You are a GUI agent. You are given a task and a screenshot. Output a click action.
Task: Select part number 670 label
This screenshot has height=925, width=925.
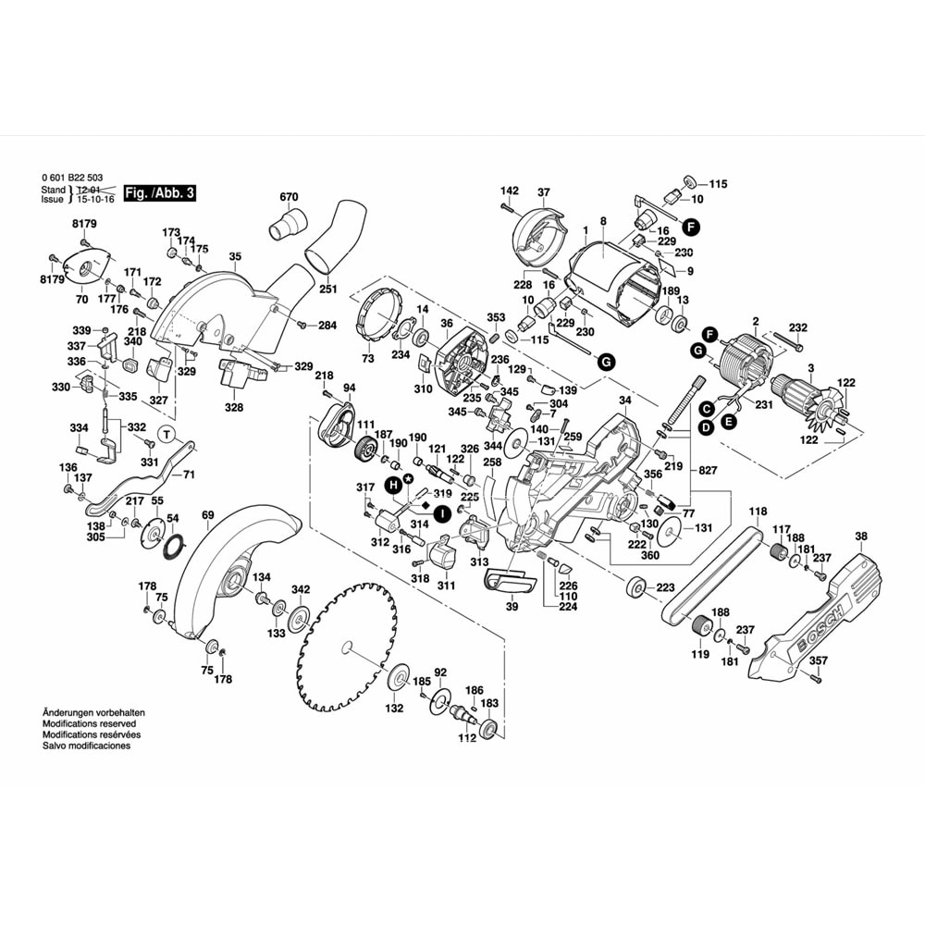290,197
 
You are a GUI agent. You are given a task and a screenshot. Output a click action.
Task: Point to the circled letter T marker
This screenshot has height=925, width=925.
166,434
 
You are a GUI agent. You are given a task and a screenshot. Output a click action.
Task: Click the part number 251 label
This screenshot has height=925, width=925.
327,290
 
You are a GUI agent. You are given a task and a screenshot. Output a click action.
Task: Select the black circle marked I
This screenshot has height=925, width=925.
443,512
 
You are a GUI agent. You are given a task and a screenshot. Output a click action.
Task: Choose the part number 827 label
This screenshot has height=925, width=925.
707,470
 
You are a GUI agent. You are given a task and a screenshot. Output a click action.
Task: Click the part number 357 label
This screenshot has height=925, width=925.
818,661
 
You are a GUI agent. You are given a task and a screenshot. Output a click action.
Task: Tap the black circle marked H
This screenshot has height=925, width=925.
393,484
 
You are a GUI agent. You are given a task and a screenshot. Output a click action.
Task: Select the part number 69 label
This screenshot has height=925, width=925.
207,514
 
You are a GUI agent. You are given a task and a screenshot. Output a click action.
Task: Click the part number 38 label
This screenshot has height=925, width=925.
861,536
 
